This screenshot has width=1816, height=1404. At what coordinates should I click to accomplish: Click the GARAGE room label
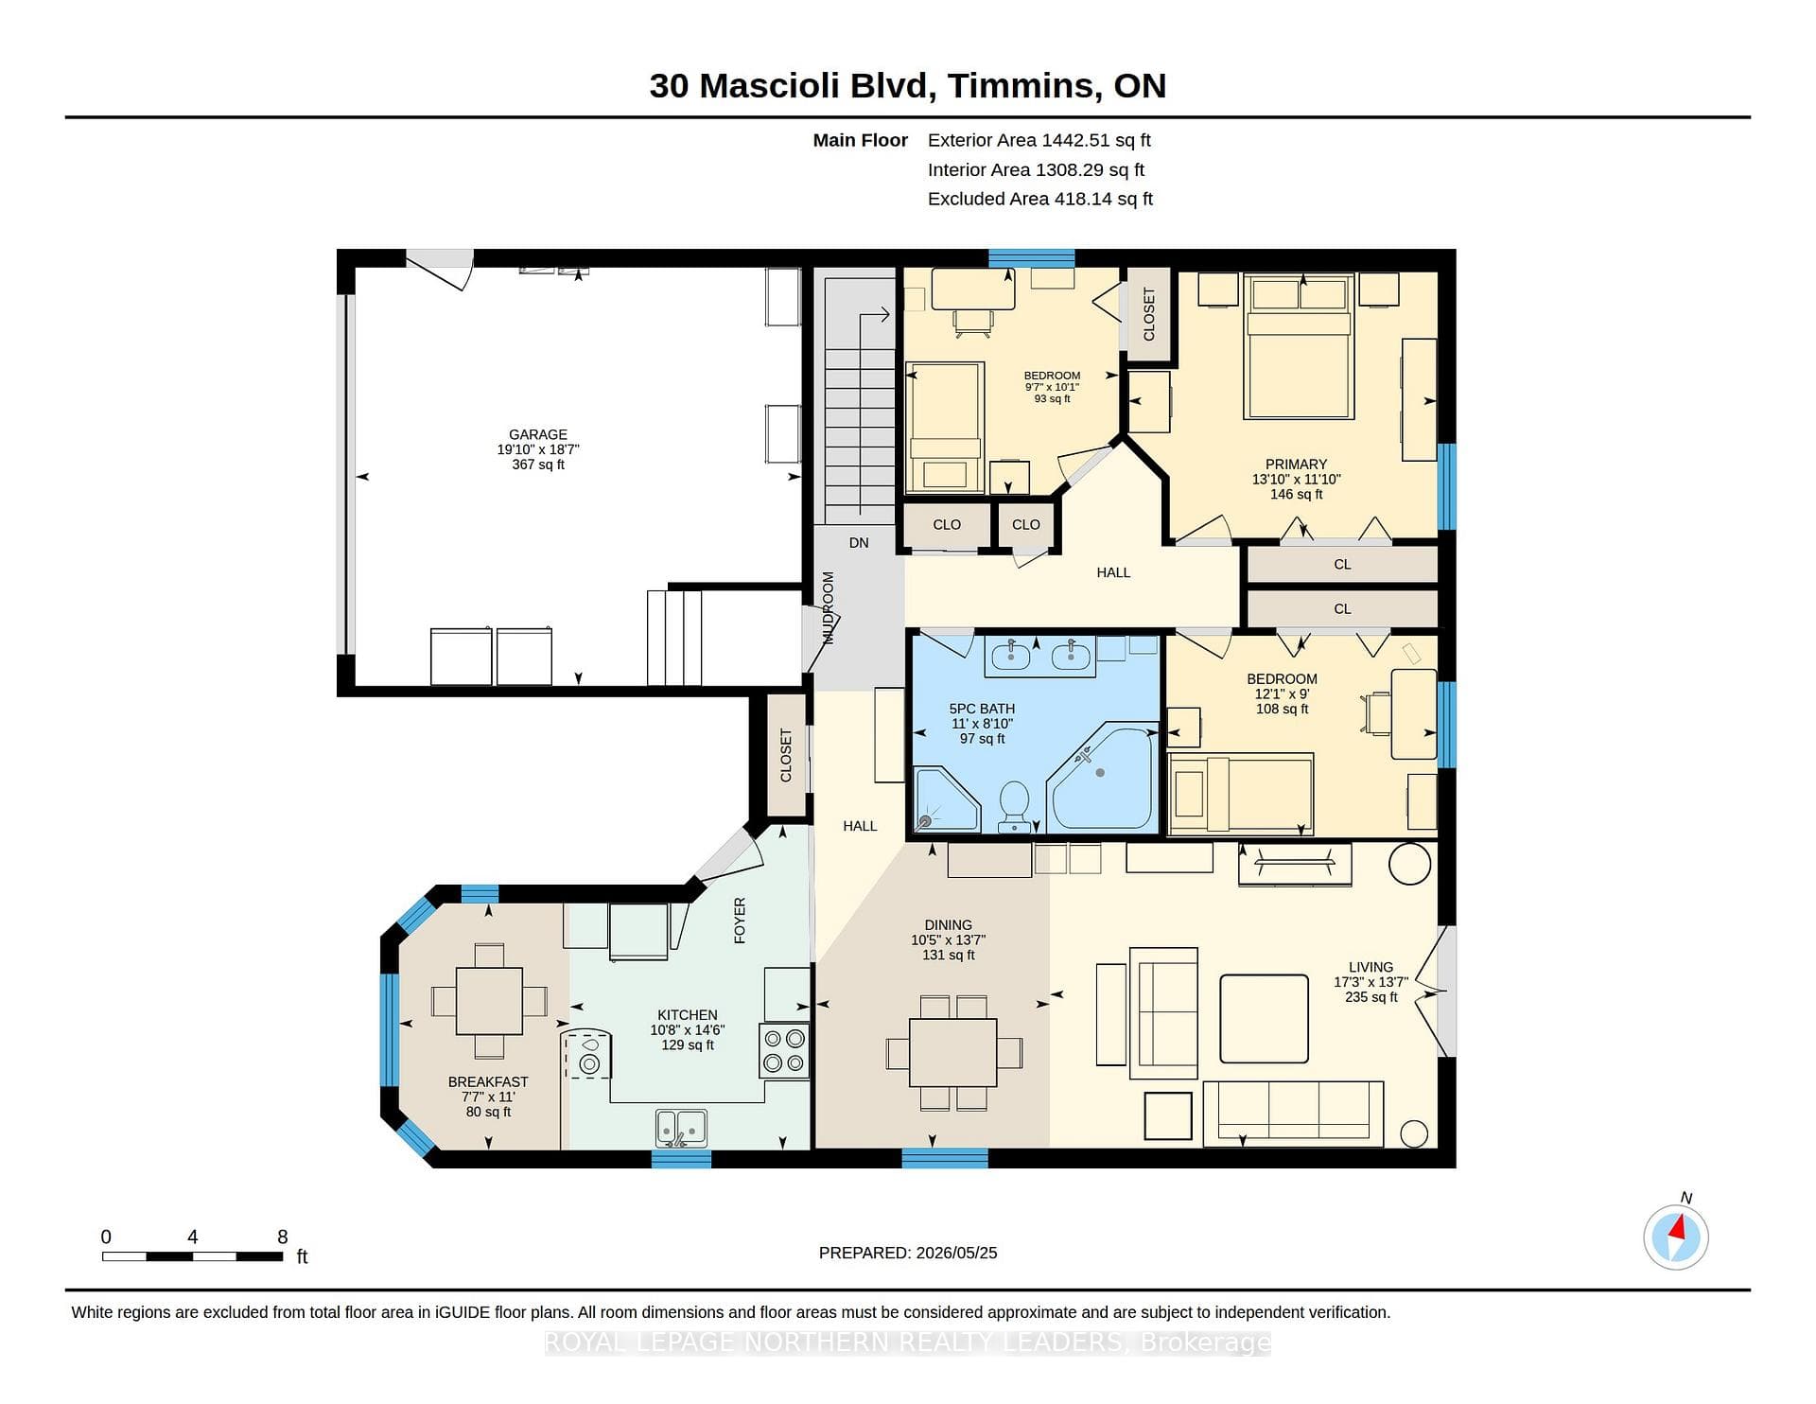point(538,435)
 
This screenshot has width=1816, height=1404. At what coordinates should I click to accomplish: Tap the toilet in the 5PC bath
point(1015,807)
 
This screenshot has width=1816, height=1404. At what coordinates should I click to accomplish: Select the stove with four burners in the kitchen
point(784,1050)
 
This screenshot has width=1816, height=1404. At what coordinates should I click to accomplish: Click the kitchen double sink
point(681,1128)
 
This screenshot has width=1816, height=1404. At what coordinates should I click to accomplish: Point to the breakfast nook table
point(489,1001)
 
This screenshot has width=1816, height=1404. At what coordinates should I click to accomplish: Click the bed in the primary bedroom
point(1299,346)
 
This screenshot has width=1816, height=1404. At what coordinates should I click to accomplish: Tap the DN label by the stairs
point(859,543)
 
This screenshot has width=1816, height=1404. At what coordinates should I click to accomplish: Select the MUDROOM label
point(829,607)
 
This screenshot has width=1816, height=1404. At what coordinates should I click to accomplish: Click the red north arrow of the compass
point(1678,1228)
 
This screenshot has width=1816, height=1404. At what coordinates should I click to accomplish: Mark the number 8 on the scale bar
point(283,1237)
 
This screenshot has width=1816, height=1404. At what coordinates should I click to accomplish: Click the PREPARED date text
point(908,1253)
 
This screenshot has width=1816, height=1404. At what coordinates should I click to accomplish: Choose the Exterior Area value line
point(1039,140)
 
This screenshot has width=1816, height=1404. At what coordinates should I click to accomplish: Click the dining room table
point(953,1052)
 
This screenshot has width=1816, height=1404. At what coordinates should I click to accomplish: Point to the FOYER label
point(741,921)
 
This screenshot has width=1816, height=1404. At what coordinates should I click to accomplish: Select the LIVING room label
point(1371,967)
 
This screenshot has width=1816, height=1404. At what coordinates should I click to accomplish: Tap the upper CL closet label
point(1342,565)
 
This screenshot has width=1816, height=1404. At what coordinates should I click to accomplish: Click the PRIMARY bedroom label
point(1296,465)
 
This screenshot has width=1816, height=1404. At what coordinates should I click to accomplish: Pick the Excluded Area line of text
point(1040,199)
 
